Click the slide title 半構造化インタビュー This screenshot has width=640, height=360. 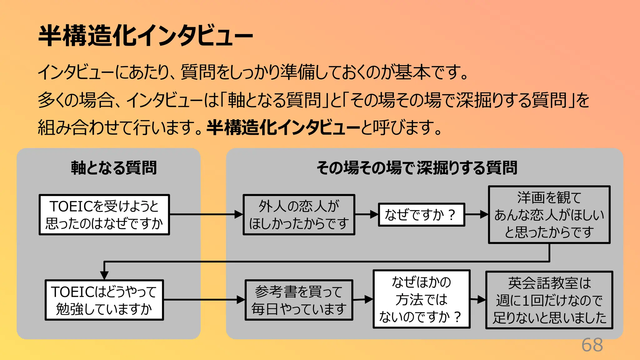pyautogui.click(x=145, y=36)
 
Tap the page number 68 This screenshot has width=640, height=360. pyautogui.click(x=592, y=345)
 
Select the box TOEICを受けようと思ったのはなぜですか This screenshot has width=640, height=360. pyautogui.click(x=104, y=215)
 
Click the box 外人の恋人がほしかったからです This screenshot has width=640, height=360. pyautogui.click(x=299, y=215)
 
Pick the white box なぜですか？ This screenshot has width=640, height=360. pyautogui.click(x=421, y=215)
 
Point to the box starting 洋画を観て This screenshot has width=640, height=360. pyautogui.click(x=549, y=215)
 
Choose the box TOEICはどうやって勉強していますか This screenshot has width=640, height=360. pyautogui.click(x=104, y=300)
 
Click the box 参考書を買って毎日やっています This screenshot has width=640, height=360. pyautogui.click(x=299, y=300)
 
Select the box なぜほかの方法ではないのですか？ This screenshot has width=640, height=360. pyautogui.click(x=421, y=299)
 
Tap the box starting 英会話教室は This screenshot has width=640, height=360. pyautogui.click(x=549, y=300)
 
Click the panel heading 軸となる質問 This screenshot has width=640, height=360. pyautogui.click(x=114, y=168)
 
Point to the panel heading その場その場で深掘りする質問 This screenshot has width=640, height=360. pyautogui.click(x=417, y=168)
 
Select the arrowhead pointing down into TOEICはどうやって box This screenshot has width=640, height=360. pyautogui.click(x=104, y=275)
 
